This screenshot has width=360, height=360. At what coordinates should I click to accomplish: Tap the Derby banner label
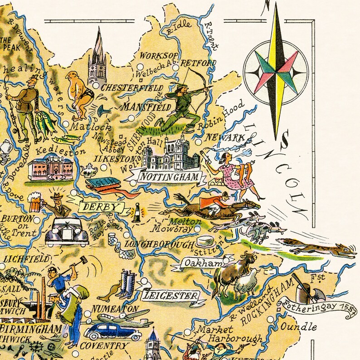pyautogui.click(x=102, y=207)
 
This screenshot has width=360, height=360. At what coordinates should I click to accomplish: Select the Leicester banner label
pyautogui.click(x=170, y=296)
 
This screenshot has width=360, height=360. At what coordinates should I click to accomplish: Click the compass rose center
pyautogui.click(x=275, y=73)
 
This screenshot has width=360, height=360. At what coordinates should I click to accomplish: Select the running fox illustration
pyautogui.click(x=317, y=248)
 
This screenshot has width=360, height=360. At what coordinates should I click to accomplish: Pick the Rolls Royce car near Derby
pyautogui.click(x=66, y=232)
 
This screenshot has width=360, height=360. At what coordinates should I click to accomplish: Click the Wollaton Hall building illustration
pyautogui.click(x=170, y=154)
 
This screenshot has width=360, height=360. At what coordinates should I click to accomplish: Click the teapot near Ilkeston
pyautogui.click(x=89, y=170)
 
